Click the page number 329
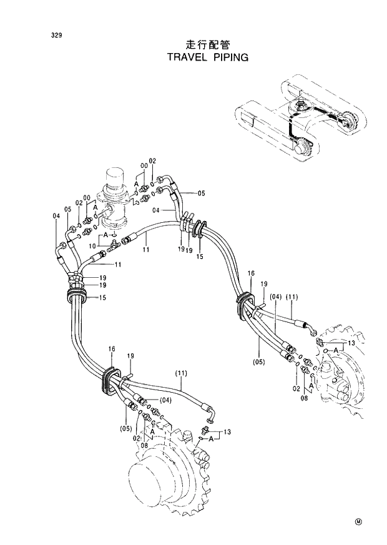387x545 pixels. (56, 35)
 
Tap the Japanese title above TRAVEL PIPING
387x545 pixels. (208, 45)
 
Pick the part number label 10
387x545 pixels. (93, 246)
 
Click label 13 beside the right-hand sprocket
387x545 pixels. (351, 344)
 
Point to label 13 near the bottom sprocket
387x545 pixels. (227, 431)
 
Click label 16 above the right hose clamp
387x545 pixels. (251, 274)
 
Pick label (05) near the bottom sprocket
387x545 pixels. (125, 428)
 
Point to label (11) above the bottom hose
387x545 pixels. (181, 373)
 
